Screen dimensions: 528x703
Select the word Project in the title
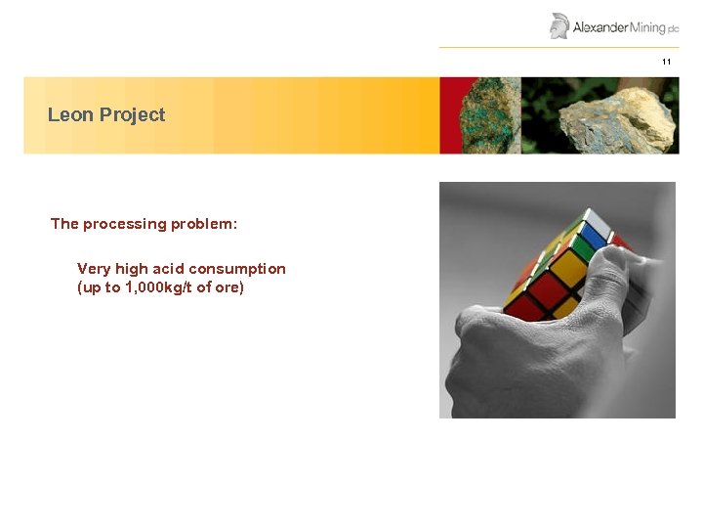[133, 115]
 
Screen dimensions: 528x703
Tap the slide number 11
[667, 62]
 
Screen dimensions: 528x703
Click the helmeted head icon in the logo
[559, 25]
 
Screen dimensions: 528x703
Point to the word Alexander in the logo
[600, 27]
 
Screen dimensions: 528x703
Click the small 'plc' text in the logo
[673, 29]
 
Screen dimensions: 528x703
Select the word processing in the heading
[124, 224]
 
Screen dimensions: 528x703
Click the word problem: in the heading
[204, 224]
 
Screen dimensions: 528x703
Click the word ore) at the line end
[228, 287]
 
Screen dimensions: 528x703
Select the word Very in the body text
[94, 269]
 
